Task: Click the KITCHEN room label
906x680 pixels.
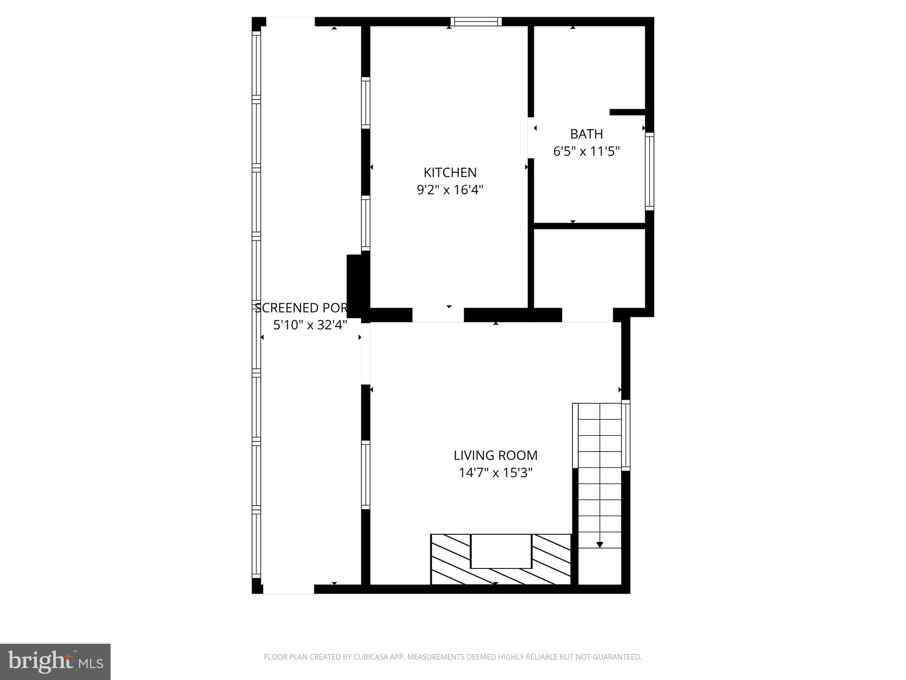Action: (450, 172)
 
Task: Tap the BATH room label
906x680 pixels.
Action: (586, 134)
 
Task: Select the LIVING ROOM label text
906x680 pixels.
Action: (495, 455)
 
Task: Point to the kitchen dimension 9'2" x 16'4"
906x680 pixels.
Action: (450, 190)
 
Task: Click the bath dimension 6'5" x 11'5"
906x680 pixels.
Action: (586, 151)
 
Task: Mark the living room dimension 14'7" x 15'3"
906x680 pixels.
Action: (495, 473)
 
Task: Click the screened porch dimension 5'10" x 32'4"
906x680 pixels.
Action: (310, 325)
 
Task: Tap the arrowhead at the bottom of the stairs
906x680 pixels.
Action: (600, 545)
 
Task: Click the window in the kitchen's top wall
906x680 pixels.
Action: (476, 22)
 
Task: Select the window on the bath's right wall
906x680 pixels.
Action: (649, 171)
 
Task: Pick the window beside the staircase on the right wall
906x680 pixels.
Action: (626, 435)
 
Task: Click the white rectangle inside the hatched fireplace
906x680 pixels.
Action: (501, 551)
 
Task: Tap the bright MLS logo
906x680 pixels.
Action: (55, 662)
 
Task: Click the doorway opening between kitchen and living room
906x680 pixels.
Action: (438, 315)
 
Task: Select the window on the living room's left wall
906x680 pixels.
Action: (365, 475)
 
